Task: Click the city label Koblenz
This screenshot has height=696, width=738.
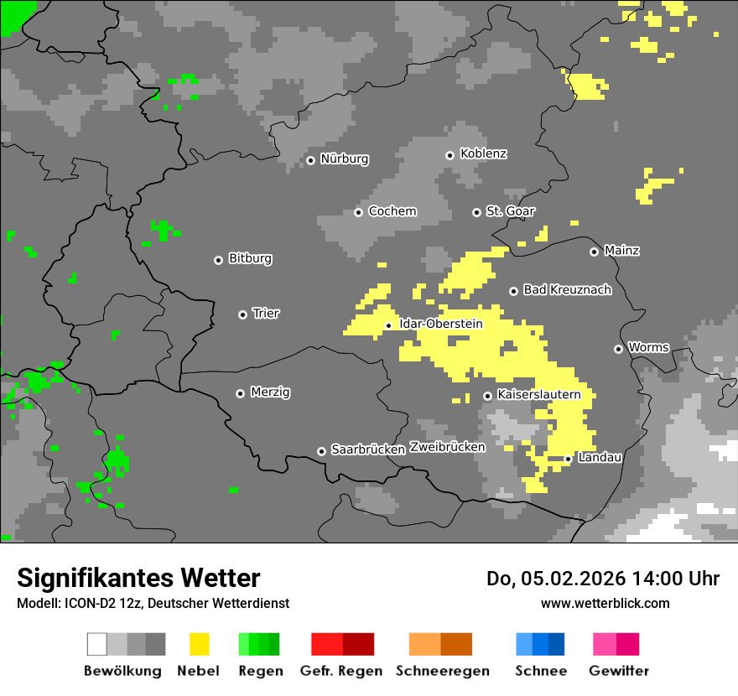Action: pyautogui.click(x=483, y=153)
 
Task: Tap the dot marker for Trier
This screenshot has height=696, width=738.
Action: pyautogui.click(x=243, y=314)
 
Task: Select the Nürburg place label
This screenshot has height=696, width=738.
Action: pyautogui.click(x=344, y=158)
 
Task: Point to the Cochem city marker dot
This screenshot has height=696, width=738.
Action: pyautogui.click(x=358, y=212)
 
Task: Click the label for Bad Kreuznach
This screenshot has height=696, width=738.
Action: pyautogui.click(x=567, y=290)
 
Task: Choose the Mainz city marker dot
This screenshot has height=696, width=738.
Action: pyautogui.click(x=594, y=252)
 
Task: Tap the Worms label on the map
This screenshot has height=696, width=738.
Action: pyautogui.click(x=648, y=347)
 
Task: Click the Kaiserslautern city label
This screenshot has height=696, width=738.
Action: pyautogui.click(x=538, y=394)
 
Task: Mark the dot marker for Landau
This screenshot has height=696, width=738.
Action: pyautogui.click(x=568, y=459)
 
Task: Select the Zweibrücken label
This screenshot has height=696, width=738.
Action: pyautogui.click(x=447, y=447)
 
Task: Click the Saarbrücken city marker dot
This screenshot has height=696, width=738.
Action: pyautogui.click(x=321, y=451)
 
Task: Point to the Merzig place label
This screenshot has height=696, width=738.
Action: pyautogui.click(x=270, y=392)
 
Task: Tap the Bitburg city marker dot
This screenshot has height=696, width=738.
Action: pyautogui.click(x=218, y=260)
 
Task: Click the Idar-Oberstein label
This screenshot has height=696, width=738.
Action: pyautogui.click(x=440, y=324)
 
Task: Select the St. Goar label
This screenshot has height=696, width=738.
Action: pyautogui.click(x=510, y=211)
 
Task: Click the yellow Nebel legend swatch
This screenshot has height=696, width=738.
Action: pyautogui.click(x=199, y=644)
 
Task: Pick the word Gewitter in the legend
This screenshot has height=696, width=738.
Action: pyautogui.click(x=618, y=671)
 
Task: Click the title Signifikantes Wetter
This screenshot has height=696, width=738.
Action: pyautogui.click(x=138, y=578)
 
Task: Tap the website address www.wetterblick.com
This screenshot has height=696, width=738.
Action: pyautogui.click(x=605, y=603)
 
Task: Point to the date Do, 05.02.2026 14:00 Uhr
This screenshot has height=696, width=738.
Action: pyautogui.click(x=602, y=579)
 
